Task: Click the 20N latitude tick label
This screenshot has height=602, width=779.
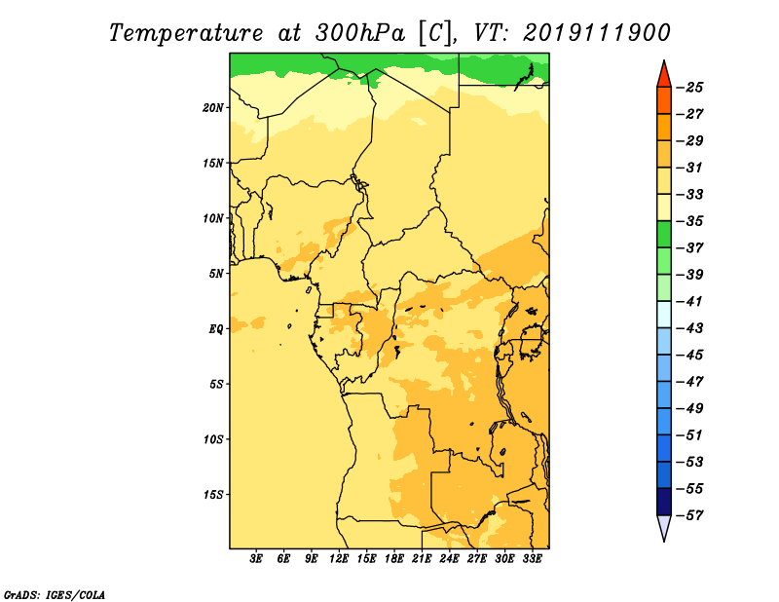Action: [x=212, y=108]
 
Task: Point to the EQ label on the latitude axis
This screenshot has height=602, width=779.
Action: [x=215, y=329]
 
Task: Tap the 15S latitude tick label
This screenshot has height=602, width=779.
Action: [x=212, y=495]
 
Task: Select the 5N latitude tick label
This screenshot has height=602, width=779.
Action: [x=215, y=274]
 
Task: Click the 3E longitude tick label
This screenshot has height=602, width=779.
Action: [x=256, y=559]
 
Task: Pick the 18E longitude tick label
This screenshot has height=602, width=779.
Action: [x=394, y=559]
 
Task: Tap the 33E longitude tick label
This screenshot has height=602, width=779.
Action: [x=532, y=559]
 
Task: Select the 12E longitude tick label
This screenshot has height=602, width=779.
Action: [x=339, y=559]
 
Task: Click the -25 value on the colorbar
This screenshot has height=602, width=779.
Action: [x=689, y=88]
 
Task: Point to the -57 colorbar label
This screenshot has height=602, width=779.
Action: [x=689, y=515]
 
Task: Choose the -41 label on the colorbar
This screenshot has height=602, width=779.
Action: [x=689, y=302]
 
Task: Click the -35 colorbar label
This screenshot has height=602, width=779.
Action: [x=689, y=221]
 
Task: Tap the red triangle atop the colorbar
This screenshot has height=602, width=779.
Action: [x=664, y=76]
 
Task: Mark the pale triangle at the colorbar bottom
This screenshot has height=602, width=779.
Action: [x=664, y=525]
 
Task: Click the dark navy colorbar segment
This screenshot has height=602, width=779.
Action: [x=664, y=502]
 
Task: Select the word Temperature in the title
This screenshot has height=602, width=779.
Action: [x=186, y=33]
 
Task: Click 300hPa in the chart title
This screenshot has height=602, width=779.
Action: [x=360, y=33]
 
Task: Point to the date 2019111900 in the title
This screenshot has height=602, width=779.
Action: [x=597, y=33]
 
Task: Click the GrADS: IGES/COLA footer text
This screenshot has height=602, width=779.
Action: [x=55, y=594]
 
